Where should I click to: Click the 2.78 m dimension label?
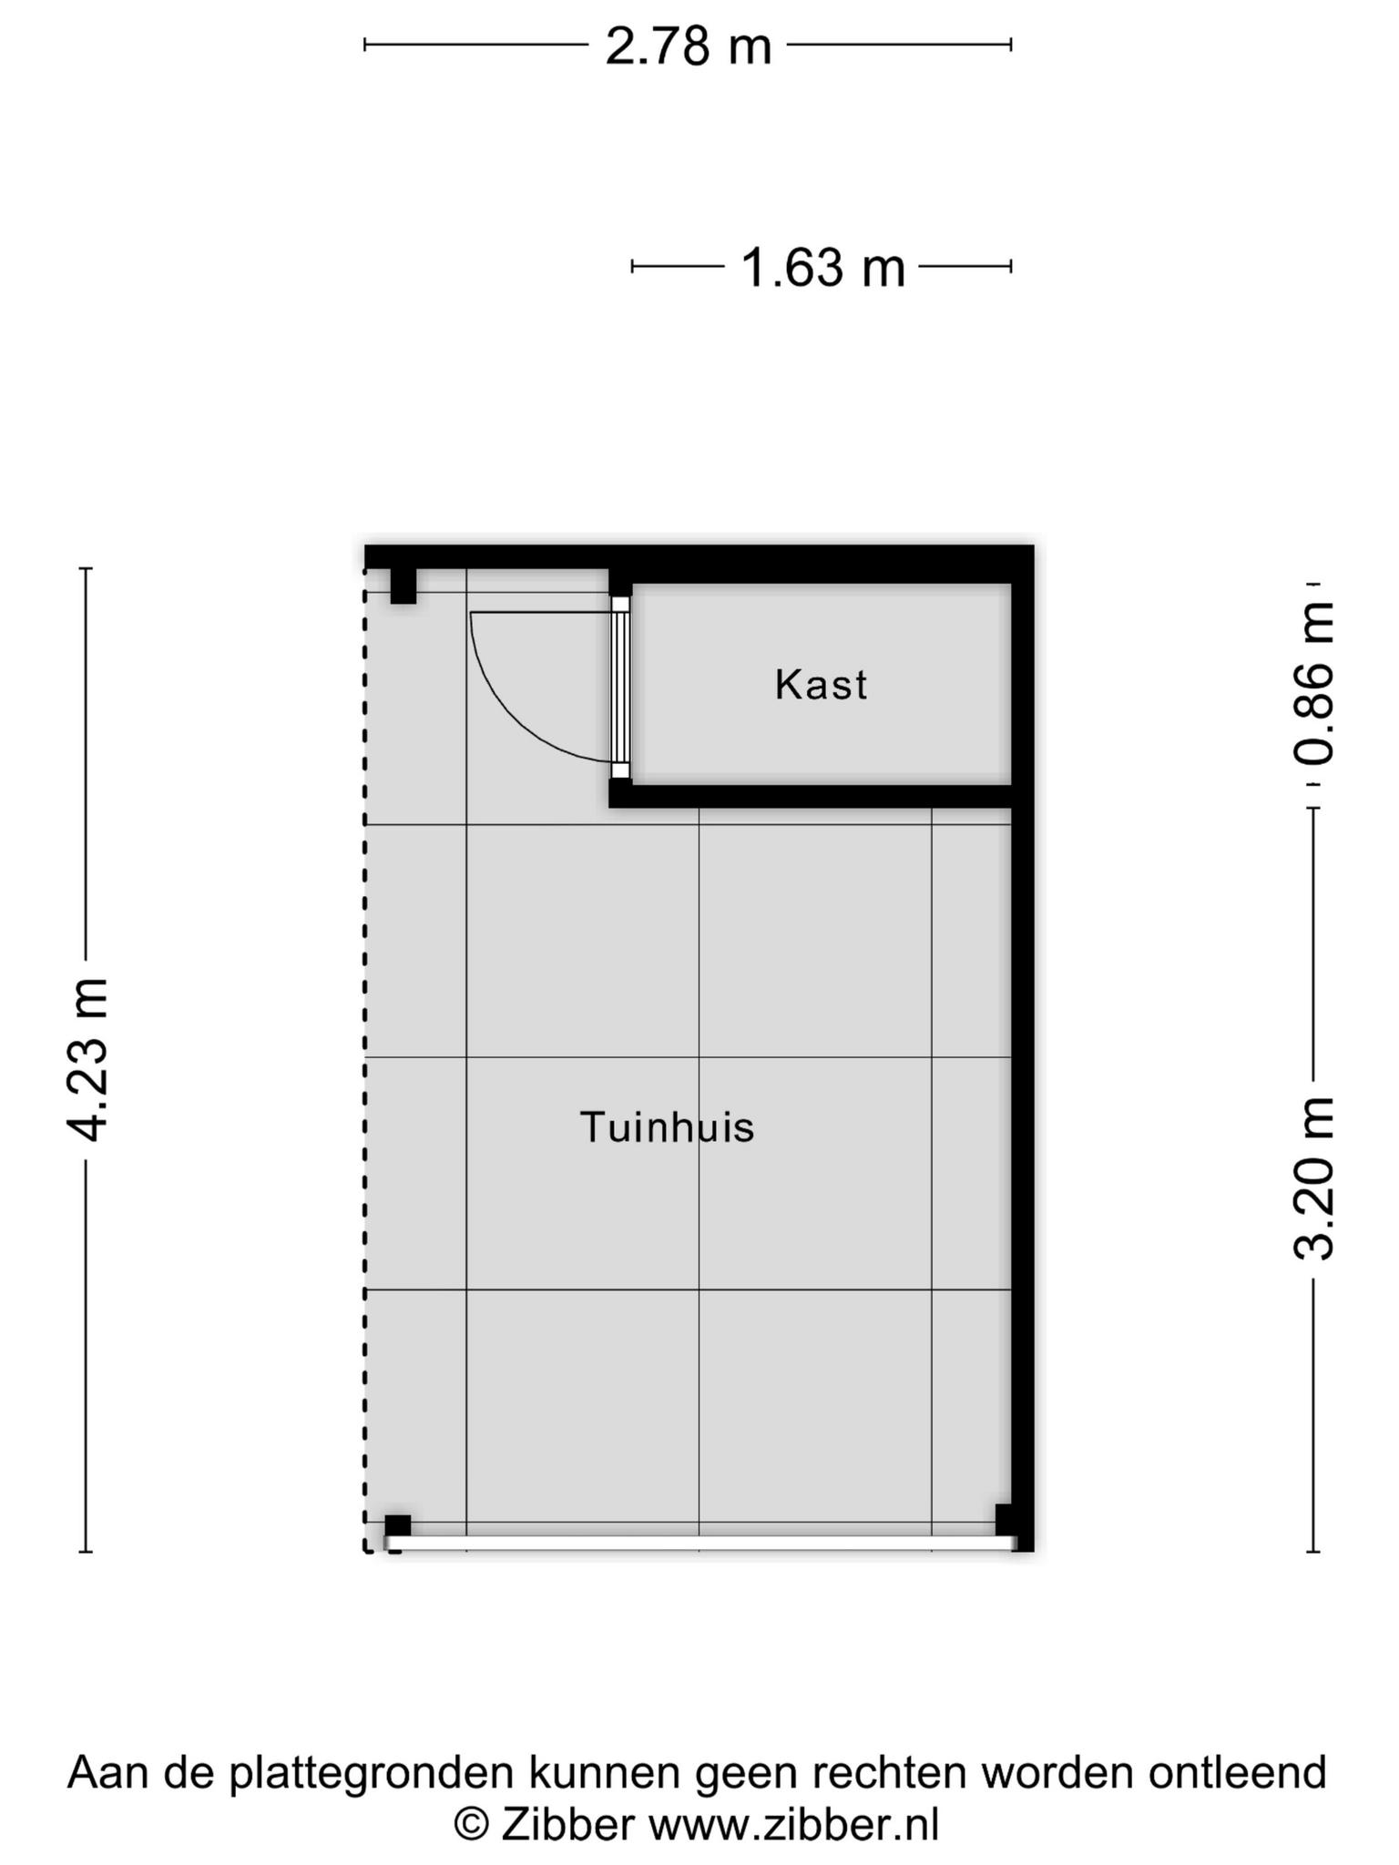pos(689,46)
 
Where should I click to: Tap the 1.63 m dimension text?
pos(822,269)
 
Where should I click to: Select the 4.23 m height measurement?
pos(88,1059)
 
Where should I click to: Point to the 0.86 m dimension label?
pos(1313,683)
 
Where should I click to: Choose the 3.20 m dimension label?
pos(1313,1178)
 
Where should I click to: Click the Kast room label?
pos(821,685)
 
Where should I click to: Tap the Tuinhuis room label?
pos(668,1127)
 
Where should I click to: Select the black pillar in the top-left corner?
pos(403,586)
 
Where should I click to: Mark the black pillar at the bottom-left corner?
pos(397,1525)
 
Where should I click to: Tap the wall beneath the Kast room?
pos(811,796)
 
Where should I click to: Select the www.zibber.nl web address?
pos(792,1825)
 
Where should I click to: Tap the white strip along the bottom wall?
pos(699,1543)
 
